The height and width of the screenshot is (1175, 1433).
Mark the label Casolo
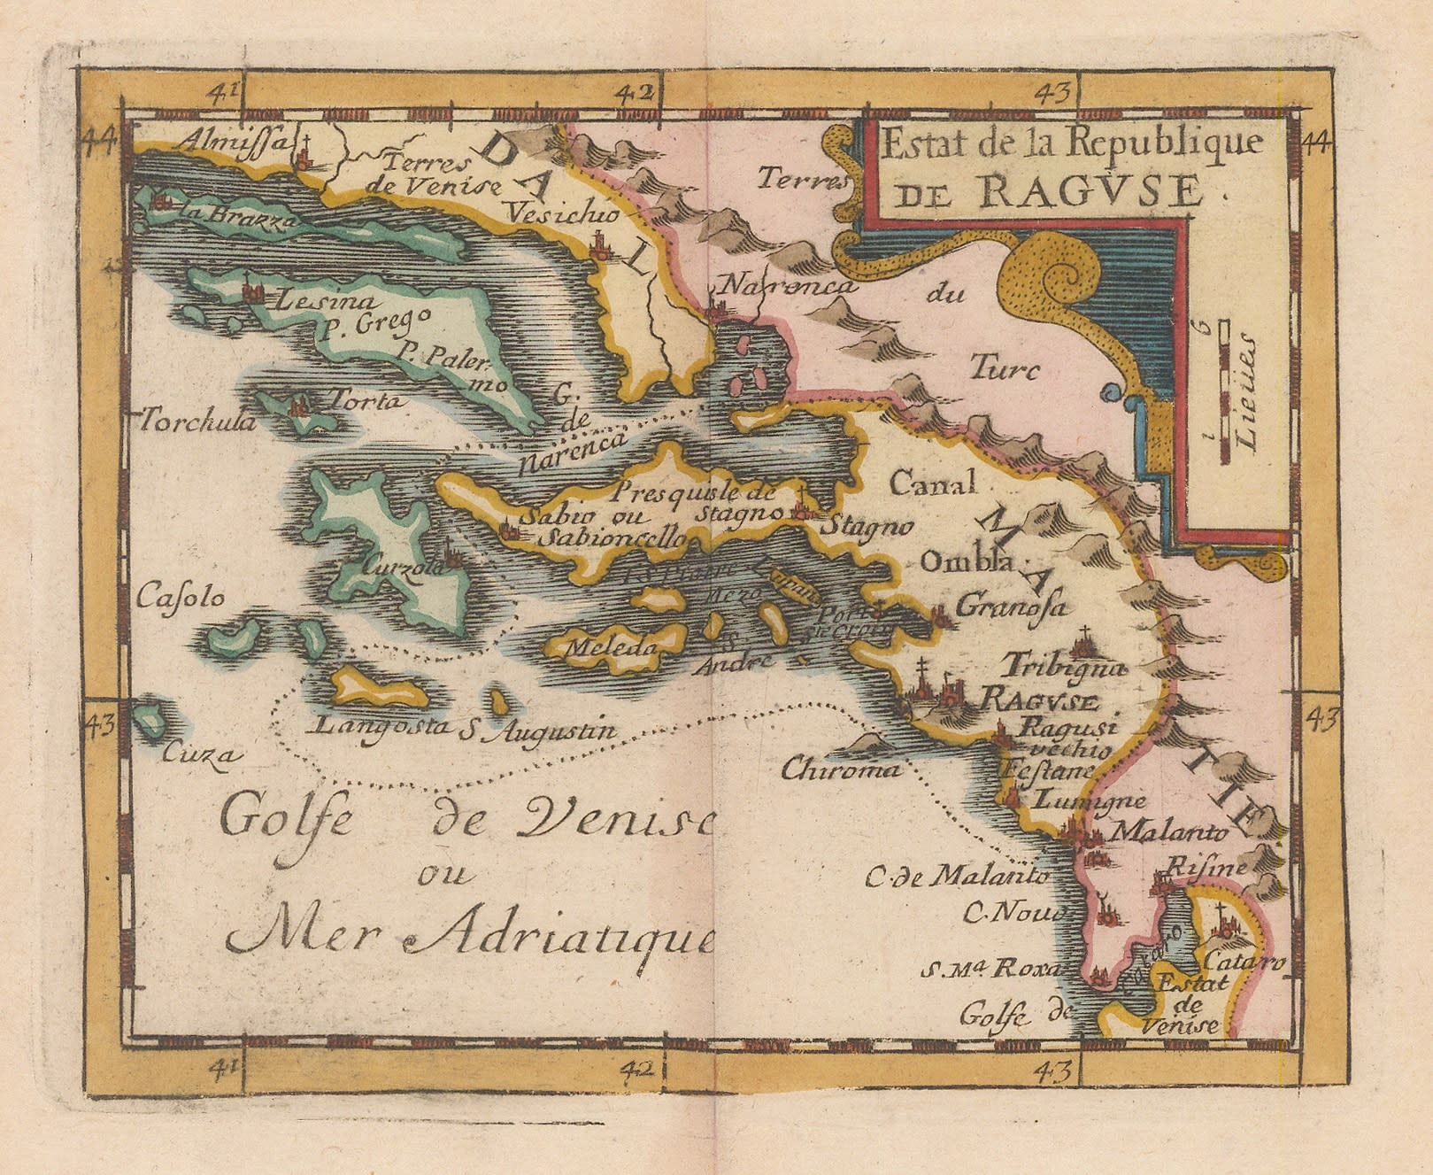point(181,598)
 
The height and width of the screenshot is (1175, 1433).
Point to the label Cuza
point(201,754)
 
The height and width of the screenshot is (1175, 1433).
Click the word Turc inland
point(1005,367)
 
